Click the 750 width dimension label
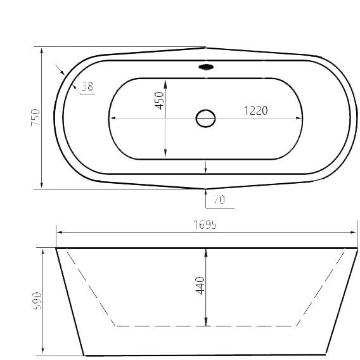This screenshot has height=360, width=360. tap(35, 117)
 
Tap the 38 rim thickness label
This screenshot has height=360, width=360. tap(87, 86)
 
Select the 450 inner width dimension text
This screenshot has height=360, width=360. tap(159, 101)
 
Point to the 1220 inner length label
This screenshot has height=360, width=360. tap(255, 110)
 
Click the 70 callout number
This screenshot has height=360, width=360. tap(219, 200)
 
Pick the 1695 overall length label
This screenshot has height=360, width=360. tap(205, 224)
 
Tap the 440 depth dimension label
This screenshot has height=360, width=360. tap(200, 286)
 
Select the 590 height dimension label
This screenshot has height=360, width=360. tap(37, 301)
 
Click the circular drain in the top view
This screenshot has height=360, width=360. tap(205, 119)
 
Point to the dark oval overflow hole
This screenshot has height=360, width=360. tap(206, 67)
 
